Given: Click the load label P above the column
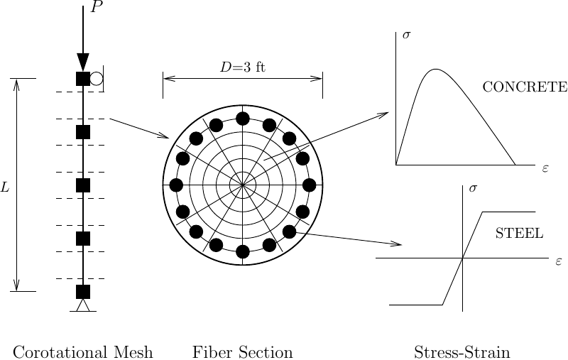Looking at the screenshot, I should point(97,9).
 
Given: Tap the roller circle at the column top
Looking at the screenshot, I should point(97,79).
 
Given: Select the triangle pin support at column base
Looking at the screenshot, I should point(83,305).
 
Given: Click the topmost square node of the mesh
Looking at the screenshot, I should point(83,79).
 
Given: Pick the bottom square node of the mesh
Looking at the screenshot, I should point(83,291).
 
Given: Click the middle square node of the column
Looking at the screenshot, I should point(83,185).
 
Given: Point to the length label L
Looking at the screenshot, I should point(5,188).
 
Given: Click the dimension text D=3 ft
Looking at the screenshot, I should point(242,68).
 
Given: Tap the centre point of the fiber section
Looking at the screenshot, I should point(243,185).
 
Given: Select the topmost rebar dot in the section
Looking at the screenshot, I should point(243,119).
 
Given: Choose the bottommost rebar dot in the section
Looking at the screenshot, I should point(243,251).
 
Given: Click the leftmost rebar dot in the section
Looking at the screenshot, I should point(177,185).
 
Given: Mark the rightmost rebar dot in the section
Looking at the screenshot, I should point(309,185).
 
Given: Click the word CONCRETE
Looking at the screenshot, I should point(525,87).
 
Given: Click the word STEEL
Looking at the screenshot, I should point(519,234).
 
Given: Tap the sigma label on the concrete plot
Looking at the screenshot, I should point(406,34).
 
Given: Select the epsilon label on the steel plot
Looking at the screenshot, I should point(559,261).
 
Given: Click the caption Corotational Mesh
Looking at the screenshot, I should point(83,352).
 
